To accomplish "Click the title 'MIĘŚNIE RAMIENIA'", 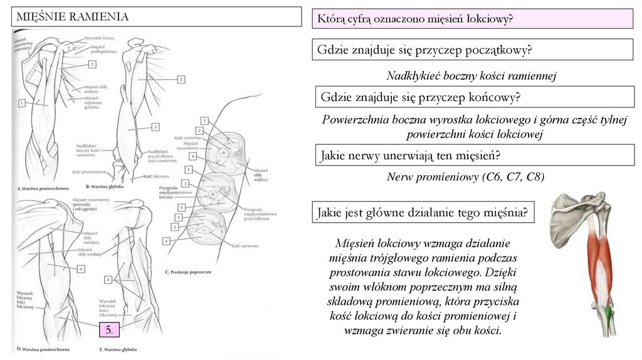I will point(72,17).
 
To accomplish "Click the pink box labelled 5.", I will point(109,330).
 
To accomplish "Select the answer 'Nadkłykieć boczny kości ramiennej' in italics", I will point(471,76).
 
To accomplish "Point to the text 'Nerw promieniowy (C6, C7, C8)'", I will point(465,177).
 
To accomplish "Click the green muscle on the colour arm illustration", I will point(609,310).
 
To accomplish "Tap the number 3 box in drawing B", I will point(155,127).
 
